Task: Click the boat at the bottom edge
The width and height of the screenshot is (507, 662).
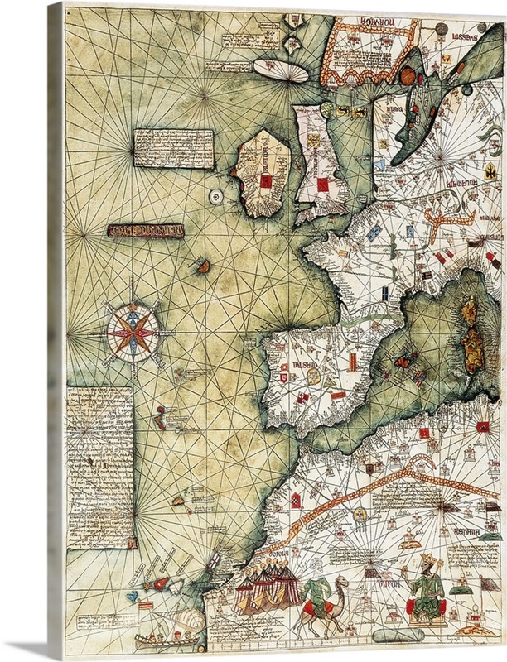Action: [x=157, y=638]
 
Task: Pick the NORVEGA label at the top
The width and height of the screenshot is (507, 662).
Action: [x=369, y=24]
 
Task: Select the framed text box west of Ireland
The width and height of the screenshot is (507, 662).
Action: [x=172, y=148]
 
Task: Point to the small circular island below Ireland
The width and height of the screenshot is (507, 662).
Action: [x=216, y=196]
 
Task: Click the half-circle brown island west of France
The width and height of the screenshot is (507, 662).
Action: [x=201, y=266]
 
